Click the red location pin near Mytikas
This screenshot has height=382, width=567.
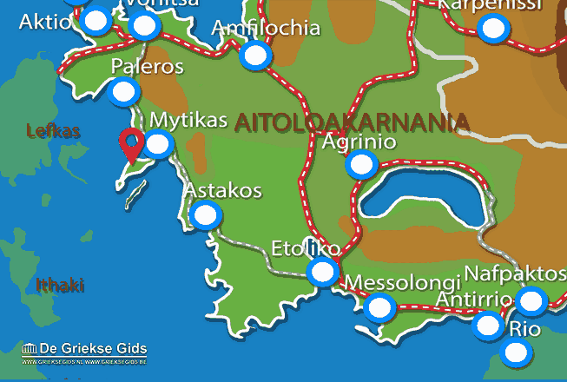(132, 144)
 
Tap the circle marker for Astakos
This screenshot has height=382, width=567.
(205, 214)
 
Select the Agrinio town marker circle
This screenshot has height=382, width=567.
(360, 163)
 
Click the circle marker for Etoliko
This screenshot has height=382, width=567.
(322, 273)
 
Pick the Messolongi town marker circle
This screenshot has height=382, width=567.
(379, 306)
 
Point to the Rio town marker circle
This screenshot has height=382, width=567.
(518, 352)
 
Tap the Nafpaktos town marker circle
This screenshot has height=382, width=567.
(531, 300)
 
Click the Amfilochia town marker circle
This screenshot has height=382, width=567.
(254, 56)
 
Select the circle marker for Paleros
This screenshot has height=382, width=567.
(125, 91)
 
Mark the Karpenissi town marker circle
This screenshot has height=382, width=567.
(494, 30)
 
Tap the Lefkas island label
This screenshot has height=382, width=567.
(53, 131)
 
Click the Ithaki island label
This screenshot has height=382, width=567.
(60, 285)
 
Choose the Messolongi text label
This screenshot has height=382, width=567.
(401, 283)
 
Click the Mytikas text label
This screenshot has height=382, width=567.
(188, 120)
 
